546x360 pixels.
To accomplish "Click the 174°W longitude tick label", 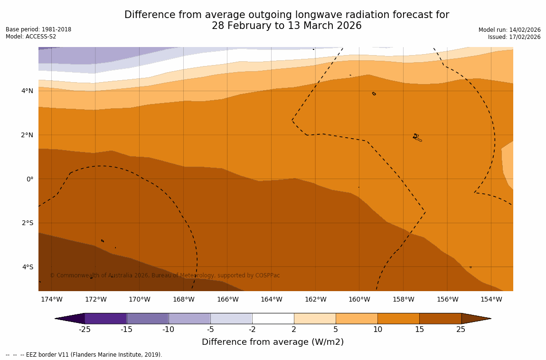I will click(51, 299).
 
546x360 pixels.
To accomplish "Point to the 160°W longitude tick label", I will click(359, 299).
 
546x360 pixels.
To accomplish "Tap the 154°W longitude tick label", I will click(491, 299).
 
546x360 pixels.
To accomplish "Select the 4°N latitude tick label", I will click(27, 91).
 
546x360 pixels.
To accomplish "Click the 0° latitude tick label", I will click(29, 179).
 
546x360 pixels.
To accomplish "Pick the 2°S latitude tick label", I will click(27, 223).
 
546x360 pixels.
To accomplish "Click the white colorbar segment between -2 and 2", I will click(273, 318).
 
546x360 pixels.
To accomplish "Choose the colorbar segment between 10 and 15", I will click(398, 318).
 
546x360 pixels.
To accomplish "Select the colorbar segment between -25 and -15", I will click(105, 318).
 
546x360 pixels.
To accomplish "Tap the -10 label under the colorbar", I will click(169, 329).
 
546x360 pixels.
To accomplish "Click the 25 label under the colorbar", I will click(461, 329).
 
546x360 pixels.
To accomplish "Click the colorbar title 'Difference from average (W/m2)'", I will click(273, 342).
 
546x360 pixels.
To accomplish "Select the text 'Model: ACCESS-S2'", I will click(31, 37).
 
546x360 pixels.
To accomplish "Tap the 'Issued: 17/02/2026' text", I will click(514, 37).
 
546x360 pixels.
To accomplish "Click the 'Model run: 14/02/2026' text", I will click(509, 30).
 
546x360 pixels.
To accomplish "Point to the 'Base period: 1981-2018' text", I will click(38, 29).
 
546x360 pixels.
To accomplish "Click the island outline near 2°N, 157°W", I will click(417, 138).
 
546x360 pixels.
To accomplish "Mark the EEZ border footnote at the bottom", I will click(84, 355).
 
